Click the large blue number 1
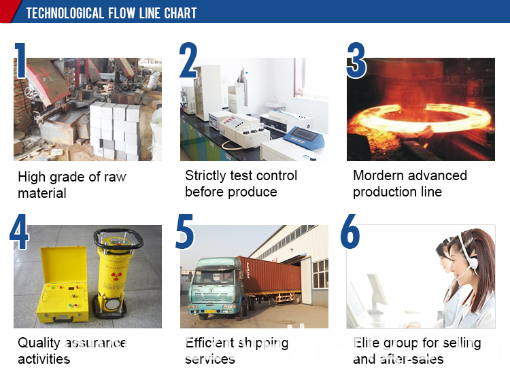(x=20, y=61)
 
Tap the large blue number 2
(x=188, y=60)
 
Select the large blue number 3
(x=356, y=61)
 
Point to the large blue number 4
(x=19, y=231)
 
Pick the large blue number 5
(x=184, y=231)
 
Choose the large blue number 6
(x=350, y=231)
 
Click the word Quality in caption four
(x=39, y=343)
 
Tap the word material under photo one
(x=42, y=193)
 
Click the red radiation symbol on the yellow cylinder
(x=116, y=277)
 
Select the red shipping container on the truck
(x=271, y=276)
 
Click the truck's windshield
(x=213, y=277)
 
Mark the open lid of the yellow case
(x=64, y=264)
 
